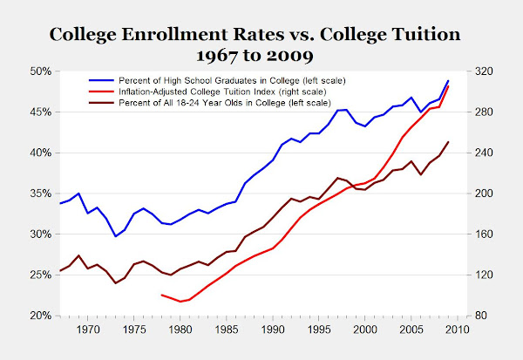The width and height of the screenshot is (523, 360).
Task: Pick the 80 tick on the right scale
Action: [x=479, y=316]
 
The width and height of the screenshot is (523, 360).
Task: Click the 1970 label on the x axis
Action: [x=88, y=329]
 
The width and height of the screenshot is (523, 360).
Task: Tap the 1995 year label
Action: [x=318, y=329]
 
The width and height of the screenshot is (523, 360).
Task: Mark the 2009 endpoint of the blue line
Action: [x=448, y=81]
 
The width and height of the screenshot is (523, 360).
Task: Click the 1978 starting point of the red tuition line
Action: [x=162, y=295]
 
